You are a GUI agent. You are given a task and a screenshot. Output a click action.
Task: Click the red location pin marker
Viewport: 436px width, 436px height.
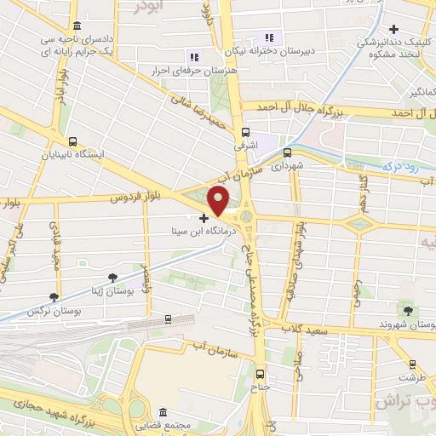[219, 201]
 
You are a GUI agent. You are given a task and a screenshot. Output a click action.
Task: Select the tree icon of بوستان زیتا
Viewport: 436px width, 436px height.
[113, 276]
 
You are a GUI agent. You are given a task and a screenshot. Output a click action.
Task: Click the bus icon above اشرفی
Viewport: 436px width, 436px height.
[245, 132]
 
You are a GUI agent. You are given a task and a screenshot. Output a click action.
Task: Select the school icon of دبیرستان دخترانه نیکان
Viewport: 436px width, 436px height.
[269, 37]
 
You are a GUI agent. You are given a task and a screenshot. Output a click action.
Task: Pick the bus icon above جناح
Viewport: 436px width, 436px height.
[261, 373]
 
